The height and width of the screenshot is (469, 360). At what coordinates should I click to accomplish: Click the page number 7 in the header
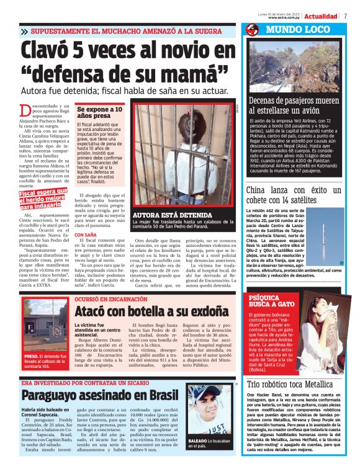pyautogui.click(x=346, y=16)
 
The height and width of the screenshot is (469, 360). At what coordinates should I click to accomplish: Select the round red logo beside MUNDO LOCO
pyautogui.click(x=251, y=30)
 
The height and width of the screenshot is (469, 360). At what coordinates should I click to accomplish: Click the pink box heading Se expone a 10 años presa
pyautogui.click(x=99, y=112)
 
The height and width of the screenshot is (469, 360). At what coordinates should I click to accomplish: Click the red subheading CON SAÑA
pyautogui.click(x=86, y=235)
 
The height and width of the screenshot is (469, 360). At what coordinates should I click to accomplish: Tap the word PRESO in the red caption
pyautogui.click(x=32, y=357)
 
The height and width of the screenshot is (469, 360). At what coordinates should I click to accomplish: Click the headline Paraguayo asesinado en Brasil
pyautogui.click(x=99, y=396)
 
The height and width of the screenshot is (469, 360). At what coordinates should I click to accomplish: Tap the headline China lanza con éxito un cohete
pyautogui.click(x=294, y=195)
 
